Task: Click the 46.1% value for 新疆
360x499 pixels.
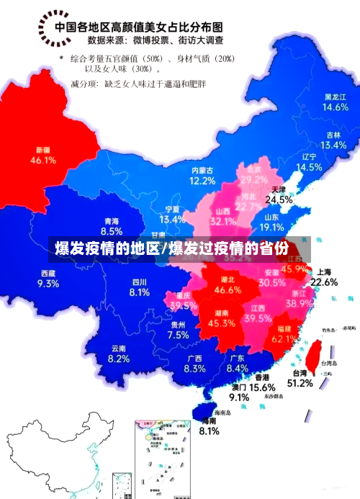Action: click(43, 161)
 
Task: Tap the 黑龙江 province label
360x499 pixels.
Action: click(335, 96)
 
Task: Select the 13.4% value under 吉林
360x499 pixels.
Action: click(333, 145)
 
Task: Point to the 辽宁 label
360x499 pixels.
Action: click(309, 156)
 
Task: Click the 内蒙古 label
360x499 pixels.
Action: click(202, 171)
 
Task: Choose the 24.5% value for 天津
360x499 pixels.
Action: click(279, 199)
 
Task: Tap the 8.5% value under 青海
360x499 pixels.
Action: click(112, 231)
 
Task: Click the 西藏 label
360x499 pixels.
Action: click(48, 273)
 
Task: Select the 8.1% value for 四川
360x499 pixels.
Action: click(139, 292)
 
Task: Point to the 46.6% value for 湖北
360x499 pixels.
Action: click(228, 290)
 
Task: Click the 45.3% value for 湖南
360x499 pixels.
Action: click(221, 324)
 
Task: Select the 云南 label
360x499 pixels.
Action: click(119, 349)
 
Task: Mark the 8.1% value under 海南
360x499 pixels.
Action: click(209, 431)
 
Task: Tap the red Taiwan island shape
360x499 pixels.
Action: click(314, 355)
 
